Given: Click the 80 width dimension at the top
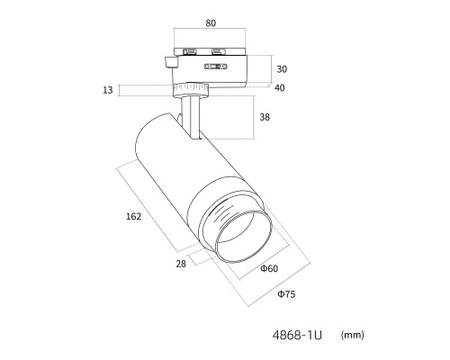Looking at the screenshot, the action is tap(211, 23).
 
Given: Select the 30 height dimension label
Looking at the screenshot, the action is tap(282, 69).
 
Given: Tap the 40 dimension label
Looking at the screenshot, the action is tap(280, 88).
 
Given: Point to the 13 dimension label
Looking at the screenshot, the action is tap(108, 90).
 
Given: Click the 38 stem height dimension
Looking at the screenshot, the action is tap(265, 117).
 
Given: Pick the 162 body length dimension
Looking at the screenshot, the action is tap(133, 216).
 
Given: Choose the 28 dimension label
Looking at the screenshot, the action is tap(181, 264).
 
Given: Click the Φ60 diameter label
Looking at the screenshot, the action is tap(269, 268).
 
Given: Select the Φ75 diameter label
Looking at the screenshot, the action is tap(286, 294).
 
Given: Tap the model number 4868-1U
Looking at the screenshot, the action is tap(297, 335).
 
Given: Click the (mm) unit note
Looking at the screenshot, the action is tap(353, 335).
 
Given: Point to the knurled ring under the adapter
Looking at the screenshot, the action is tap(191, 89).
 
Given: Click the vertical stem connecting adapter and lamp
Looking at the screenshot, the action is tap(191, 117).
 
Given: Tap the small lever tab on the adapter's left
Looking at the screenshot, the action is tap(171, 62).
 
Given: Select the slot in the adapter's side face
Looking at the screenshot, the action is tap(216, 67).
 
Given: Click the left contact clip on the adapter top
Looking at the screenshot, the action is tap(190, 52).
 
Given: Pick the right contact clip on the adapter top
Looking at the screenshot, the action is tap(219, 52).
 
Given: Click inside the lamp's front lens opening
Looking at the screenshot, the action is tap(243, 237).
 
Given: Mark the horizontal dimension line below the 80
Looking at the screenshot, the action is tap(210, 29).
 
